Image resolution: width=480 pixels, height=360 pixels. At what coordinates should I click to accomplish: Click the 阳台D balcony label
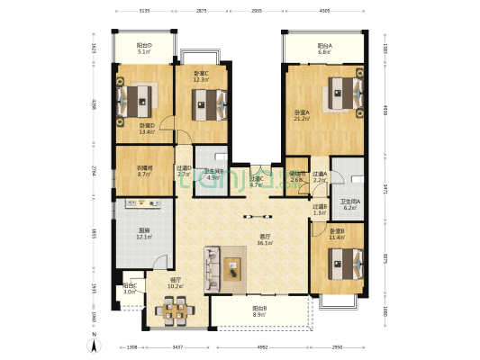tap(144, 49)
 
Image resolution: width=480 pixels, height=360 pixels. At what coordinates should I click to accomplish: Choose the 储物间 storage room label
tap(298, 176)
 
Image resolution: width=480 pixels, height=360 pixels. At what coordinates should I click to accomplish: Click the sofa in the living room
tap(212, 267)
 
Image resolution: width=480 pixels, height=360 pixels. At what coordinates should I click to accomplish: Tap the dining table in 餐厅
tap(172, 312)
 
